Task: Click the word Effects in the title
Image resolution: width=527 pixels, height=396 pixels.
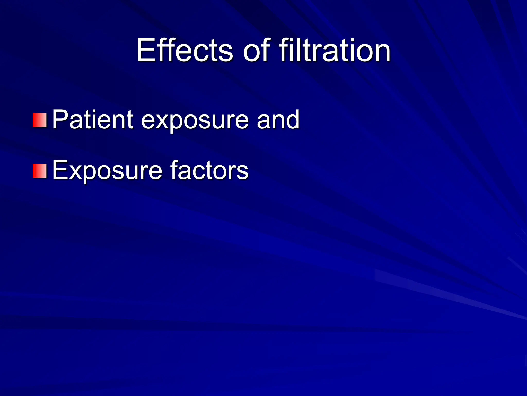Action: click(x=185, y=50)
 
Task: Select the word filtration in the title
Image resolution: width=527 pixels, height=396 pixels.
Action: click(x=335, y=50)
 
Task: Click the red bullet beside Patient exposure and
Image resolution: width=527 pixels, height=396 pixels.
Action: click(x=40, y=120)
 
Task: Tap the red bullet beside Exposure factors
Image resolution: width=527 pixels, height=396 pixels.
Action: click(x=40, y=171)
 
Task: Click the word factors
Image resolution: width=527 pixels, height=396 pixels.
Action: click(x=209, y=170)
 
